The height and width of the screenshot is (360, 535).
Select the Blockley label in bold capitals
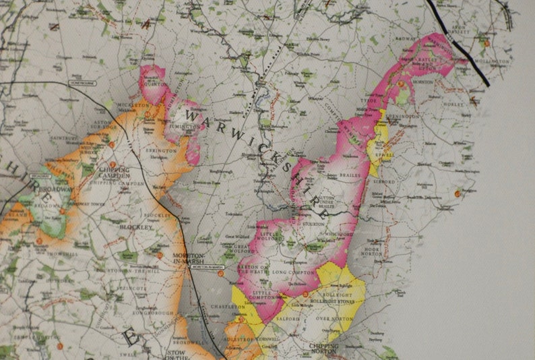point(139,228)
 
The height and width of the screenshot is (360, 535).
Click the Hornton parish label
point(422,81)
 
